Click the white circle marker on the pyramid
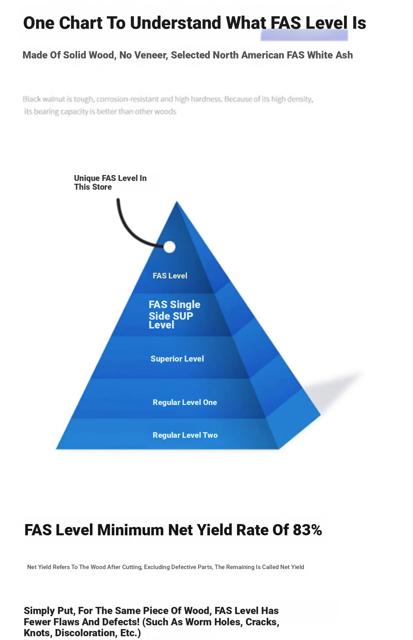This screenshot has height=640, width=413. tap(169, 247)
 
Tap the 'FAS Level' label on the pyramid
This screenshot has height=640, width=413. tap(170, 276)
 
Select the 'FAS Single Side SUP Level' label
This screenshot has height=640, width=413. tap(174, 314)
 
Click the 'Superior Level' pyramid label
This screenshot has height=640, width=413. tap(177, 359)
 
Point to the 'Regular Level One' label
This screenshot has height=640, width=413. tap(185, 402)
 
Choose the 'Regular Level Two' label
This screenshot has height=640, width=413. tap(185, 435)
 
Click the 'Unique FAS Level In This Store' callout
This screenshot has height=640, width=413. tap(110, 182)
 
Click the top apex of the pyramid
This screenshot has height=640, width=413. tap(177, 201)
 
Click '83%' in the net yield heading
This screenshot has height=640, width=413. tap(307, 530)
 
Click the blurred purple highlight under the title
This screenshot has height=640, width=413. tap(304, 35)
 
